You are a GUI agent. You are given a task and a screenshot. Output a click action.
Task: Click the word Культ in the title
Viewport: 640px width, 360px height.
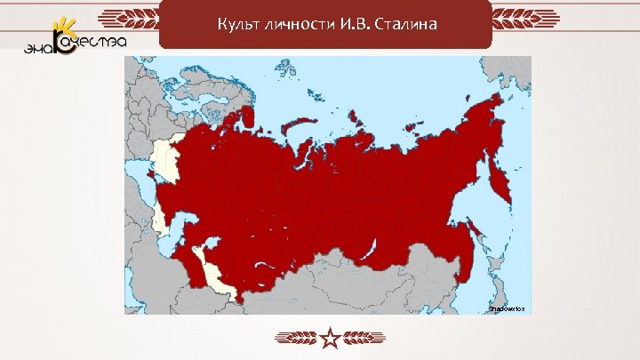pos(236,23)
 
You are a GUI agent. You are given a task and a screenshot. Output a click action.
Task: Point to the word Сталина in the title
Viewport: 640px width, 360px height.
pos(404,23)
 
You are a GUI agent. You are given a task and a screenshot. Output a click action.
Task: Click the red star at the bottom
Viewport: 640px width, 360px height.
pos(330,338)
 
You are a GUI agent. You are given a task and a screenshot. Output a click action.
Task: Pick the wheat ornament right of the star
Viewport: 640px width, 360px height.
pos(364,338)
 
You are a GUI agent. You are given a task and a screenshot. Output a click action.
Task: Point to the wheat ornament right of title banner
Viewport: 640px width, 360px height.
pos(525,18)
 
